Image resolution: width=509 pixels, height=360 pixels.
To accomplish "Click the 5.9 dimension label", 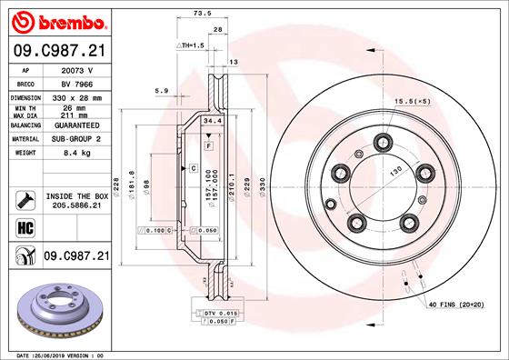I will [160, 90].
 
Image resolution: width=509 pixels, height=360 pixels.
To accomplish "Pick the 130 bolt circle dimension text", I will [397, 172].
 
